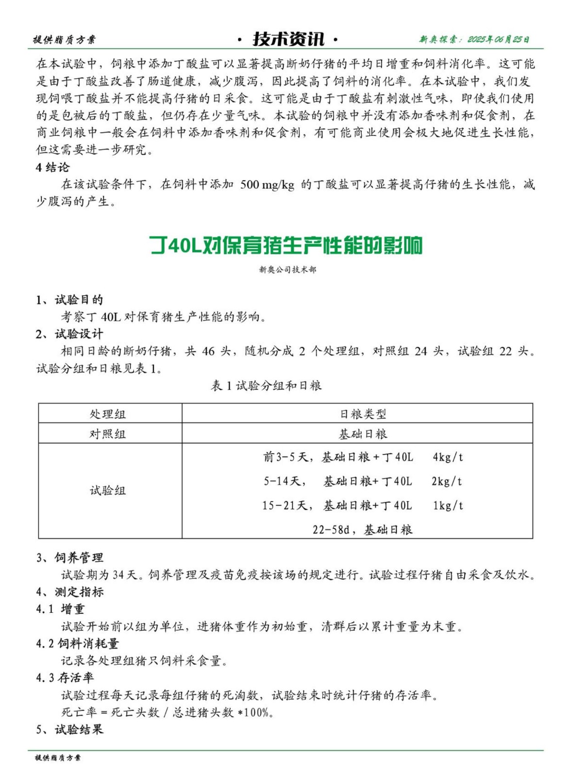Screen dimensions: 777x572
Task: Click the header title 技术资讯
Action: (x=288, y=39)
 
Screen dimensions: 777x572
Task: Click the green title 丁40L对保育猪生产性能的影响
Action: (x=286, y=245)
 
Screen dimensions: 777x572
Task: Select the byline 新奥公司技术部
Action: (x=287, y=270)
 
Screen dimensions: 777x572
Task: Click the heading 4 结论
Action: (x=53, y=168)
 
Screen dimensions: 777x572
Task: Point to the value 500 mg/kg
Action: (x=267, y=185)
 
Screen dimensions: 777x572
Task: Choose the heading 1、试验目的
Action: (x=69, y=300)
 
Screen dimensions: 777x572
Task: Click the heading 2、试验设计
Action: (x=69, y=334)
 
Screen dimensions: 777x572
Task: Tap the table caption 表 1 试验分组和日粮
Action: (x=266, y=386)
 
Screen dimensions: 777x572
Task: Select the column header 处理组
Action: (x=108, y=414)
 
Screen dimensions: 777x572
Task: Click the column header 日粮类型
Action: (x=363, y=414)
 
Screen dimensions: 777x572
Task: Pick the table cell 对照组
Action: (x=108, y=434)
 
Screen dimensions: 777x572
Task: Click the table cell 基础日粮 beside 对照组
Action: (x=363, y=434)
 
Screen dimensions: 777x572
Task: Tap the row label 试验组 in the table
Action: (x=108, y=490)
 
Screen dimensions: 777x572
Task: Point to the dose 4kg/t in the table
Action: (x=448, y=457)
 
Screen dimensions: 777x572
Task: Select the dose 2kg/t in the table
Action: (x=447, y=481)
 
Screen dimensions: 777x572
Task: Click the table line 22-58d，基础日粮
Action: (x=362, y=529)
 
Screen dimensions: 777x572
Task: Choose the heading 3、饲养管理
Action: (x=69, y=557)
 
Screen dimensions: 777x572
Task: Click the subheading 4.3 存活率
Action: (x=65, y=677)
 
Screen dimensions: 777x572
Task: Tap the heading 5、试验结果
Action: (x=69, y=729)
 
